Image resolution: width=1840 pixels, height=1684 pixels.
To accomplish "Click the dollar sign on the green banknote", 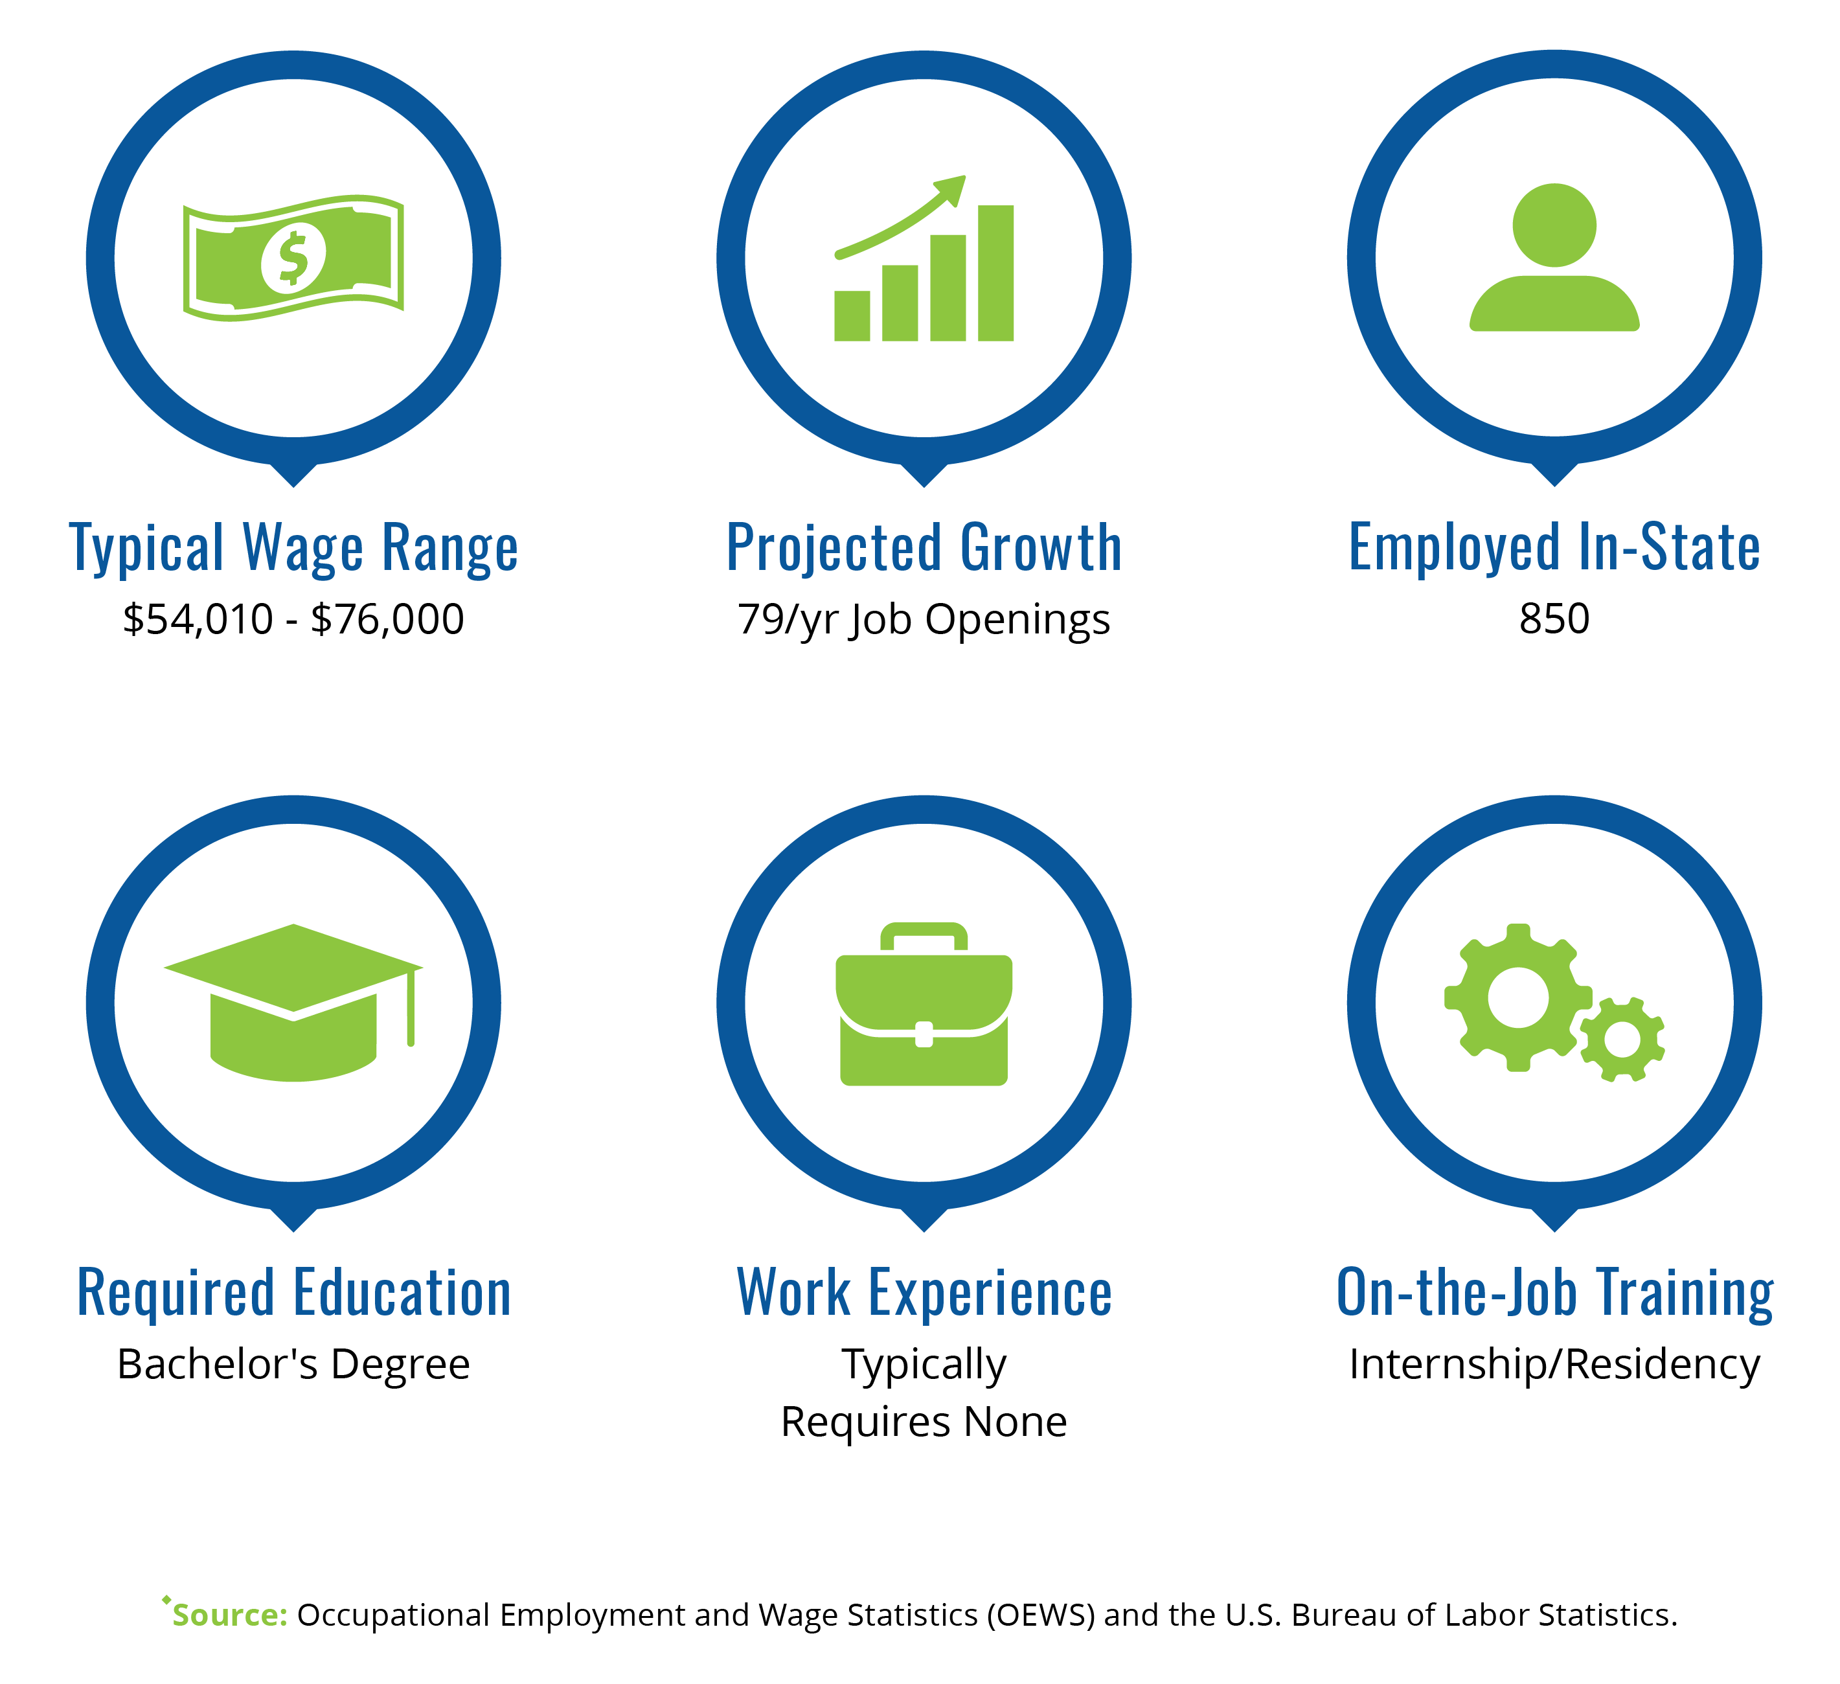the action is pos(293,258).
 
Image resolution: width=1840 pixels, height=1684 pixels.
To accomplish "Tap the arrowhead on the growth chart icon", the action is pos(951,189).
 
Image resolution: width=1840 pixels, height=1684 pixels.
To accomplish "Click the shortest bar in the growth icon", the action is pos(852,316).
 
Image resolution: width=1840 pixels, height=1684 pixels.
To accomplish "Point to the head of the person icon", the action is pos(1554,225).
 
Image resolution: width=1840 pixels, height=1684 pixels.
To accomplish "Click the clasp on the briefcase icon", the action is pos(924,1034).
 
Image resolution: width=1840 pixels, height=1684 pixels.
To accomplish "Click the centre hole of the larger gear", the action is pos(1518,997).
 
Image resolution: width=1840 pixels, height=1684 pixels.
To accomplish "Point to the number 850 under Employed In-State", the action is pos(1554,619).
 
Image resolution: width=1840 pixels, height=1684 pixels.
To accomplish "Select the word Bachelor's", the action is pos(217,1363).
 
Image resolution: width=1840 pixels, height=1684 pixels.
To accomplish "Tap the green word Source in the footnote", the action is pos(230,1615).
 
